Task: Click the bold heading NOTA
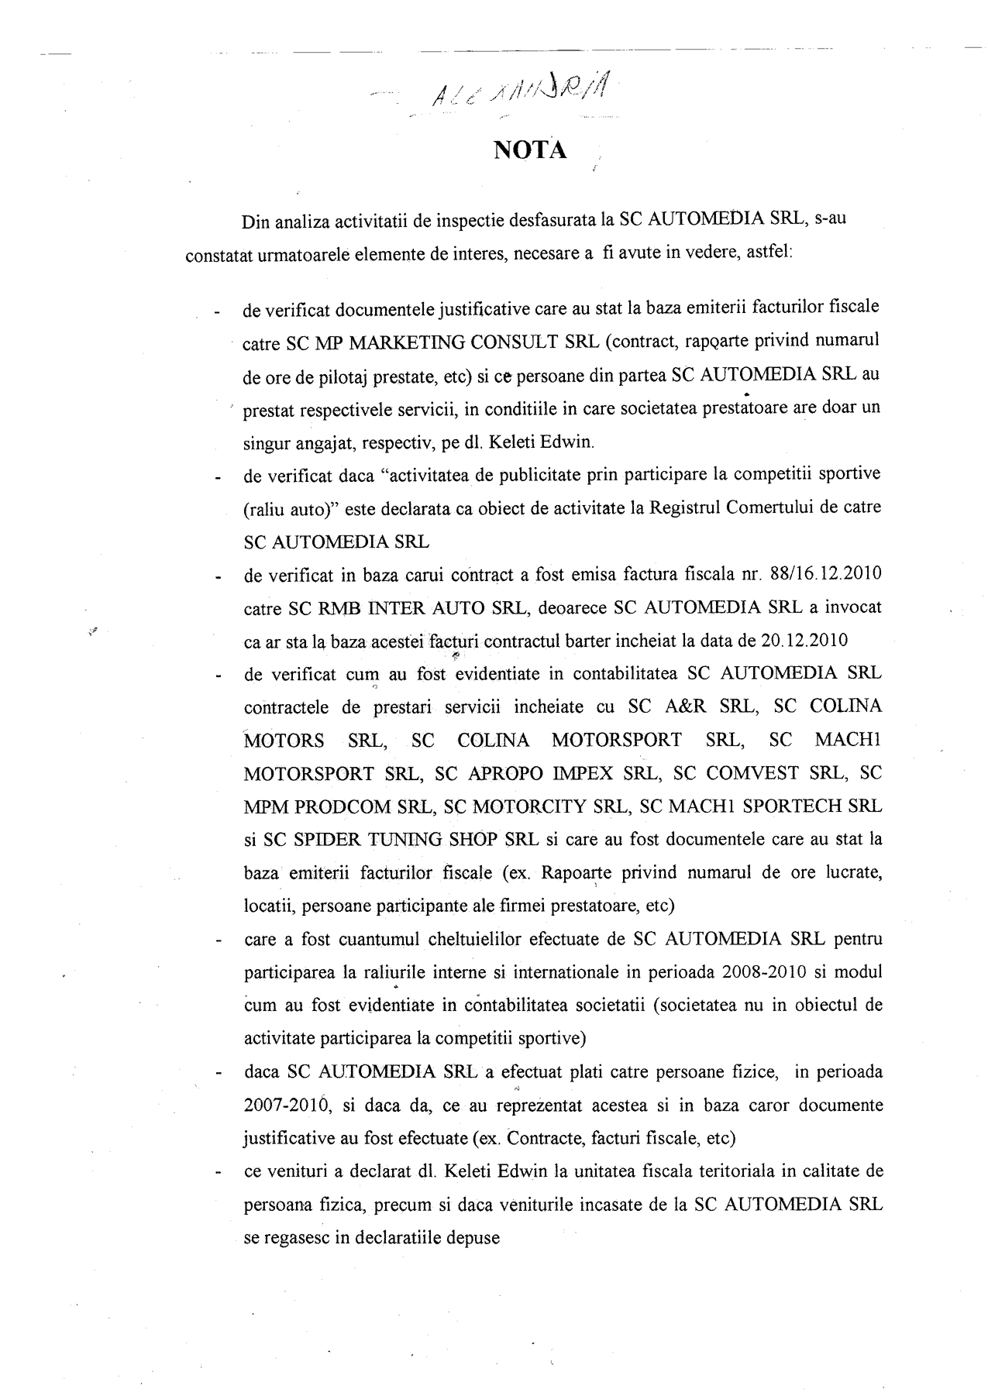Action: (x=530, y=150)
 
